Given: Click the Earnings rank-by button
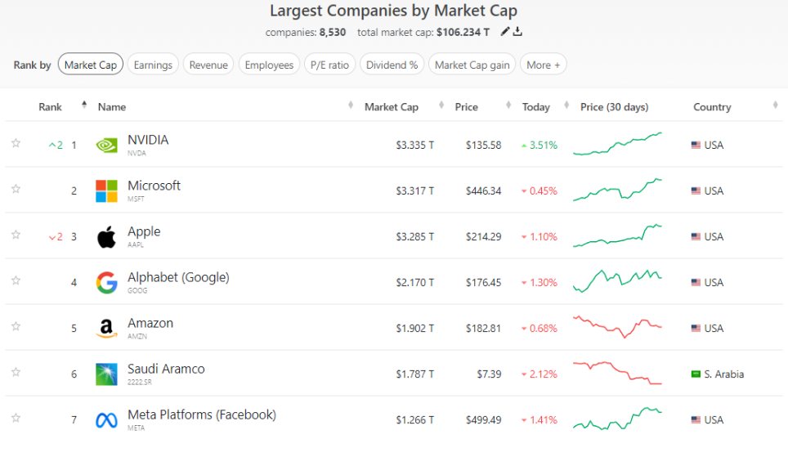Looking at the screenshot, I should [153, 65].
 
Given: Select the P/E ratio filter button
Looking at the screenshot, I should [329, 65].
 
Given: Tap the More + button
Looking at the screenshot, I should [544, 65].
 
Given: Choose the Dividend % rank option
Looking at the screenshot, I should [392, 65].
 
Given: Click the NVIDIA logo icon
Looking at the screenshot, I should [106, 146].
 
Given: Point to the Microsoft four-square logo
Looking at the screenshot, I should [106, 191].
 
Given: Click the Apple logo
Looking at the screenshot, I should [106, 237].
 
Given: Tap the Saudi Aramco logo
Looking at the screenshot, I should [106, 374].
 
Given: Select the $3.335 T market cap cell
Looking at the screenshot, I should [415, 146].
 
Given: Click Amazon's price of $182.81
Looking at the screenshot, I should [483, 329].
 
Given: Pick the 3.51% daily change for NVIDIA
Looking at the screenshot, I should [543, 146].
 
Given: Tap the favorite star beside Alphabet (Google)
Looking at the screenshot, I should [16, 280].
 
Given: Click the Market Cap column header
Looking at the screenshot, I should [392, 107].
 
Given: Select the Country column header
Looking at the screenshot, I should [712, 107].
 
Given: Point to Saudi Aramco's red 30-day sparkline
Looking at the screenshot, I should [617, 373].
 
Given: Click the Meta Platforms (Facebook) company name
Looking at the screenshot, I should [202, 414].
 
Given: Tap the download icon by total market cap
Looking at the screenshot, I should [517, 32].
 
